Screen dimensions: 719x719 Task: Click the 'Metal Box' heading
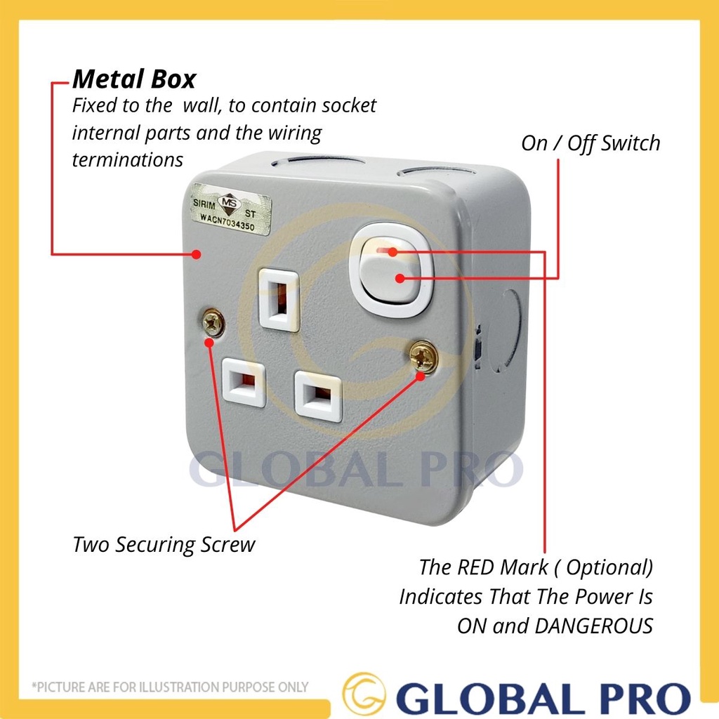134,79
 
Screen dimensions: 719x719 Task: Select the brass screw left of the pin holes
213,322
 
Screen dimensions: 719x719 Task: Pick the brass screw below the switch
423,357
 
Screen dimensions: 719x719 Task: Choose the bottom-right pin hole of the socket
319,396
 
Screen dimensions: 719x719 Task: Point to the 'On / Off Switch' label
591,143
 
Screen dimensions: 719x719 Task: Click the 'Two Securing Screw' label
164,544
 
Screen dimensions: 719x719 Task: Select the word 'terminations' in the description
127,159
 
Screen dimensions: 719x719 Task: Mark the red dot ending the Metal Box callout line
201,253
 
